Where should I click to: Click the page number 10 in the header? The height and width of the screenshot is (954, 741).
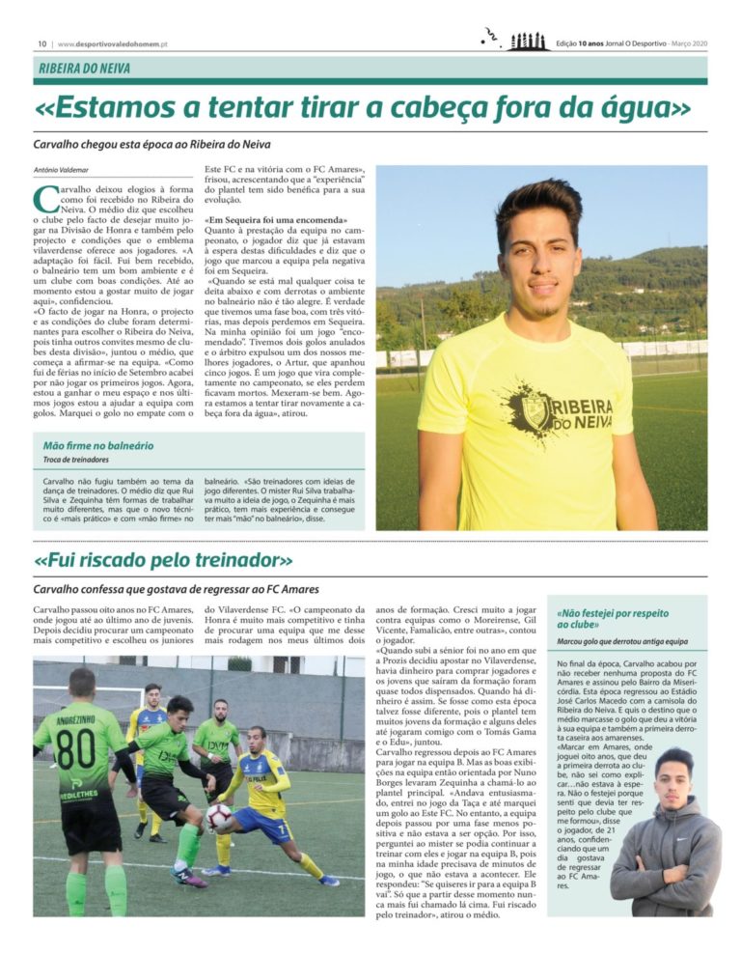point(42,43)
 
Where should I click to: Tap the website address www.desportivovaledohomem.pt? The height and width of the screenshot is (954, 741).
point(114,43)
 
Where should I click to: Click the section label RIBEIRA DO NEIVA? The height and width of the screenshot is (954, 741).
point(85,69)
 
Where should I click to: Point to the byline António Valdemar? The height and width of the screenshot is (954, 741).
point(60,171)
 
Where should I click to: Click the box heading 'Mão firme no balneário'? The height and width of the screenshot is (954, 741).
point(98,445)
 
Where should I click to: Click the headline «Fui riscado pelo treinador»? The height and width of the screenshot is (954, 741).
point(164,561)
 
